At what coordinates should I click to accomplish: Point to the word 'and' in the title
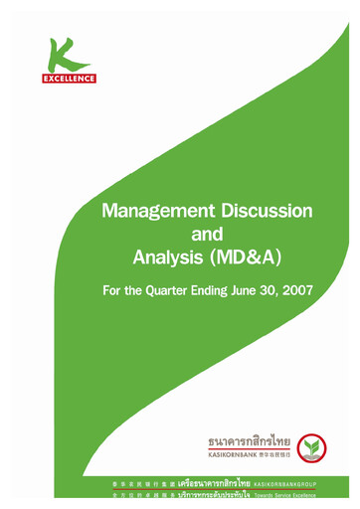tap(207, 236)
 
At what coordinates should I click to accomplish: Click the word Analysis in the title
tap(170, 259)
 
